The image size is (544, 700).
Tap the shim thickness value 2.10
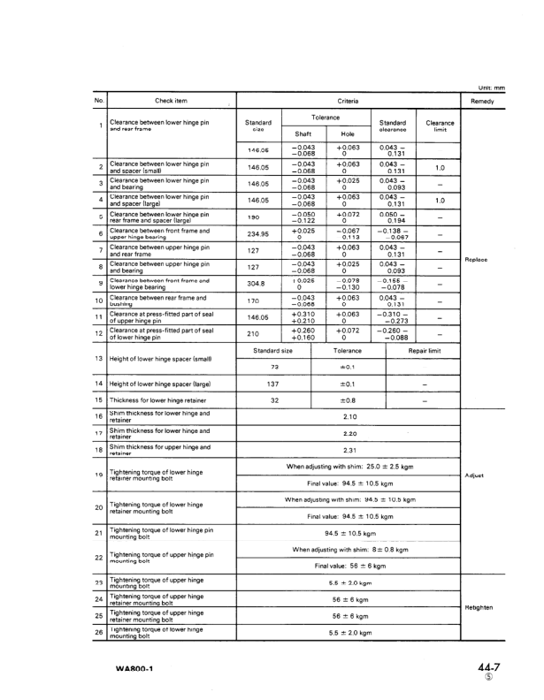pos(349,415)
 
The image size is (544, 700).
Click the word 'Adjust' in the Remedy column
pos(476,476)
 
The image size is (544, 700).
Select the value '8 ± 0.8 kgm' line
pos(349,549)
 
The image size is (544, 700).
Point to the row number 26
pos(100,631)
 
